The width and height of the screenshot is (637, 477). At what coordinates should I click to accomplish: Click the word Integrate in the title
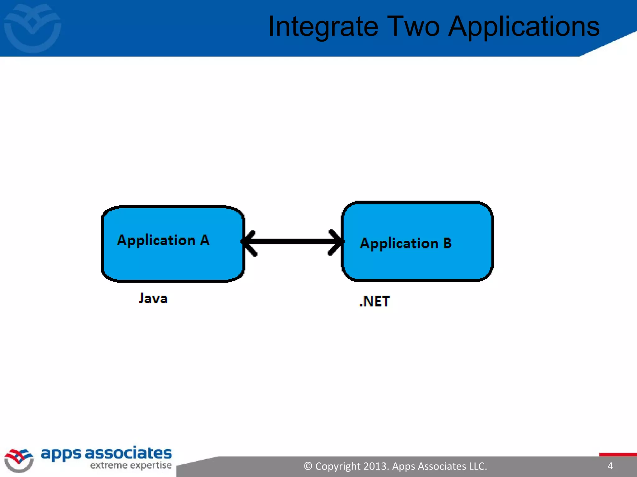coord(323,27)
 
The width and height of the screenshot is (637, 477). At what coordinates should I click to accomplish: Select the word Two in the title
coord(413,27)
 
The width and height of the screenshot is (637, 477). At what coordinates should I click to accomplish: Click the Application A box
coord(173,261)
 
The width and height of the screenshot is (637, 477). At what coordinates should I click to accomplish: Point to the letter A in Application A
coord(205,240)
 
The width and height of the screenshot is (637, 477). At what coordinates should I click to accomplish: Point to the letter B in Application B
coord(447,243)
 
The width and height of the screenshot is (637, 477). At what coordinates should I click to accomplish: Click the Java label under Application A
coord(153,298)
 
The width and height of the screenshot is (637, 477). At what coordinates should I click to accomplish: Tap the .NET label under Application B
coord(374,301)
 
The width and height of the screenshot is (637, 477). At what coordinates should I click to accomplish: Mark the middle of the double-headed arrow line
coord(292,242)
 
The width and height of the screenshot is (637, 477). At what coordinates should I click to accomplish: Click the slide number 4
coord(610,466)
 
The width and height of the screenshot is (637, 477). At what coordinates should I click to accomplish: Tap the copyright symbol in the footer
coord(308,466)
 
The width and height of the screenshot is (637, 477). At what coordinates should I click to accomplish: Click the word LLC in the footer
coord(477,466)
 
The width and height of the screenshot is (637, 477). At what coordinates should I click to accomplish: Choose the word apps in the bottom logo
coord(61,454)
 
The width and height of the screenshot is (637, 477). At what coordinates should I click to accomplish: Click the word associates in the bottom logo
coord(128,453)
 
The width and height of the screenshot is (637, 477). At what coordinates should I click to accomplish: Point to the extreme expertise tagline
coord(131,466)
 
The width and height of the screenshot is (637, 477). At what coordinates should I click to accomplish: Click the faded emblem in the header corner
coord(32,28)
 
